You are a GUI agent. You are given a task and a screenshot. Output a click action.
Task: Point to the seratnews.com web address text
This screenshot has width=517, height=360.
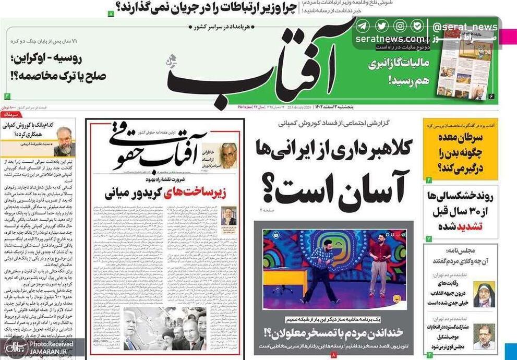tap(390, 39)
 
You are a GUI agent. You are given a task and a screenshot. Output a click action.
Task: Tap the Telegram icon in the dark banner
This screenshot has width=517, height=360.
tap(362, 26)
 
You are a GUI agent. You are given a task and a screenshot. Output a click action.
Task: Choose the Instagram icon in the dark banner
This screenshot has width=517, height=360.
tap(400, 26)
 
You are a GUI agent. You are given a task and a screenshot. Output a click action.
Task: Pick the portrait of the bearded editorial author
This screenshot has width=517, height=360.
tap(64, 141)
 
